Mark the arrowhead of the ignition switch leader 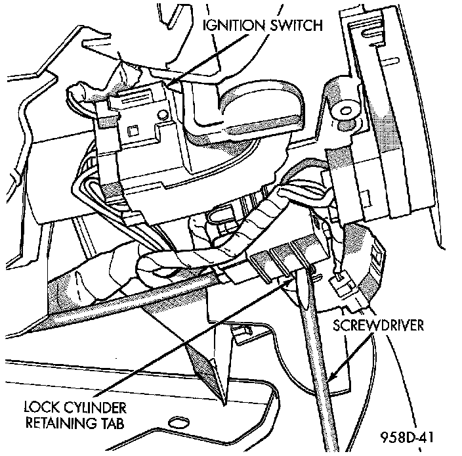click(x=173, y=83)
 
